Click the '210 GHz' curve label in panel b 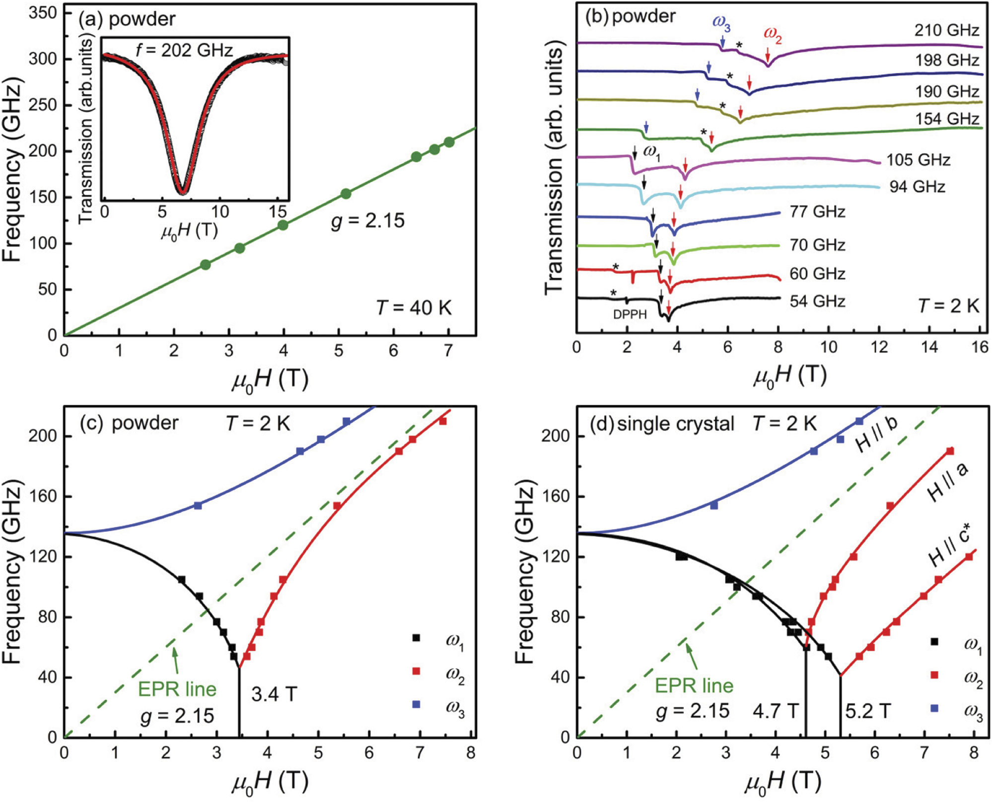946,31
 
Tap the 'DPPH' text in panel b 630,314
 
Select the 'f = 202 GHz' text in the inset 184,50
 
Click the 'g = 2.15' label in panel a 368,221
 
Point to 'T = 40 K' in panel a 414,308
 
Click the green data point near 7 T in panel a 449,142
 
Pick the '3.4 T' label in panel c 274,694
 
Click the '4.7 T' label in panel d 775,711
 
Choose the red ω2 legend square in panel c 416,671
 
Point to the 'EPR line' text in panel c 177,689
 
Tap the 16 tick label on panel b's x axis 979,347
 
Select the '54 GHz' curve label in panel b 817,301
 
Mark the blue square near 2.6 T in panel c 198,505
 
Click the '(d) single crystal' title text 661,424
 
